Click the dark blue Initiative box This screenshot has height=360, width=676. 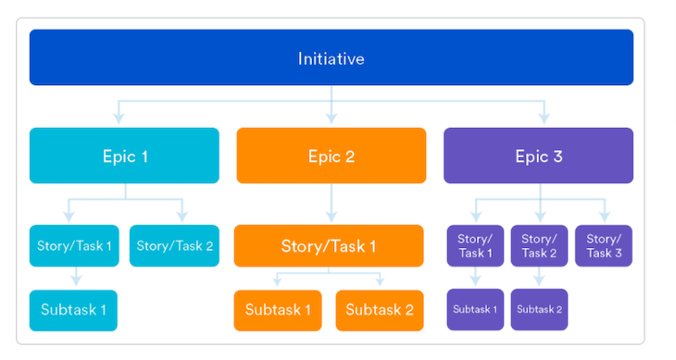point(332,58)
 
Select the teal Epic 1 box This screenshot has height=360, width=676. point(124,155)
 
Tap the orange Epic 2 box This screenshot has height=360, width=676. point(332,155)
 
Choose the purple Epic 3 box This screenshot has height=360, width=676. point(539,155)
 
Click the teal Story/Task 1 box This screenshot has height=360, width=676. point(74,245)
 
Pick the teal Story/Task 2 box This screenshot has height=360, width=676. point(175,245)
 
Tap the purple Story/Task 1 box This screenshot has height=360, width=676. point(476,246)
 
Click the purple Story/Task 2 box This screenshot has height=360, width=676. point(539,246)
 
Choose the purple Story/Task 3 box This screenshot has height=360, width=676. point(604,246)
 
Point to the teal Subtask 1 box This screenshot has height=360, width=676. point(74,310)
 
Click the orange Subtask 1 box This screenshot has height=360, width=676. point(278,310)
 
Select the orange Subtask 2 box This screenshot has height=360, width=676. point(380,310)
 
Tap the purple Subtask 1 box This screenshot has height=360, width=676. point(476,309)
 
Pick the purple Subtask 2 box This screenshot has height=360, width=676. point(539,309)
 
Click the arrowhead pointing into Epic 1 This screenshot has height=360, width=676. point(118,118)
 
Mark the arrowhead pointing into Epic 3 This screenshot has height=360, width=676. point(544,118)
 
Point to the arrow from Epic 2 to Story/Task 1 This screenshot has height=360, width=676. point(332,203)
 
